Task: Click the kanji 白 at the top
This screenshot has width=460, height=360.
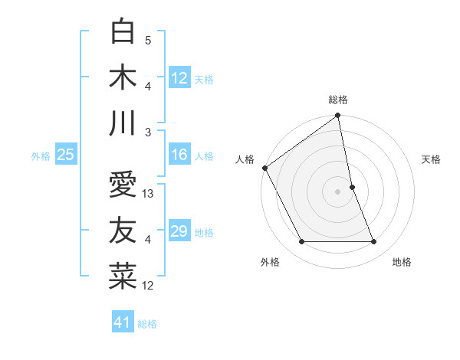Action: [x=123, y=33]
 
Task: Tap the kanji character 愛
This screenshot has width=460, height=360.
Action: [x=123, y=186]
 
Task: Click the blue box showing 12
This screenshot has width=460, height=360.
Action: [x=179, y=78]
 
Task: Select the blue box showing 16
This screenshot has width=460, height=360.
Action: [x=179, y=155]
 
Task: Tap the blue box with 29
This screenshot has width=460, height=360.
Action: [x=179, y=231]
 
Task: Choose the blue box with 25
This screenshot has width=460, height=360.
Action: [x=66, y=155]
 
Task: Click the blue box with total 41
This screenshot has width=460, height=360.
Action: [x=123, y=322]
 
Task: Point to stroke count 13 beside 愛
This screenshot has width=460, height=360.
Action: [x=149, y=194]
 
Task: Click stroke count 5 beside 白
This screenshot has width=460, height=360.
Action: [x=148, y=41]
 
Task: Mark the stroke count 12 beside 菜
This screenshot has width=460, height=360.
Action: [x=149, y=286]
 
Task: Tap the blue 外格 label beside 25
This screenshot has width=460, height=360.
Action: [x=41, y=155]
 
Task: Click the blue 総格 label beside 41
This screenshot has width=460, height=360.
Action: [x=147, y=323]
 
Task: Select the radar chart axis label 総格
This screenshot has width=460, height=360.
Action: [x=338, y=100]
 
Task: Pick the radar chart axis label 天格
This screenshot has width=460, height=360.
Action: [x=432, y=159]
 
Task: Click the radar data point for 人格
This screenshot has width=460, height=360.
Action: [x=265, y=168]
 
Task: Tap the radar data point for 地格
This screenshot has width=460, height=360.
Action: [x=374, y=242]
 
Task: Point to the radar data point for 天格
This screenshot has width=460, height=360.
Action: [x=352, y=187]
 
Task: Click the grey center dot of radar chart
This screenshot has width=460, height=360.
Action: [x=338, y=191]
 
